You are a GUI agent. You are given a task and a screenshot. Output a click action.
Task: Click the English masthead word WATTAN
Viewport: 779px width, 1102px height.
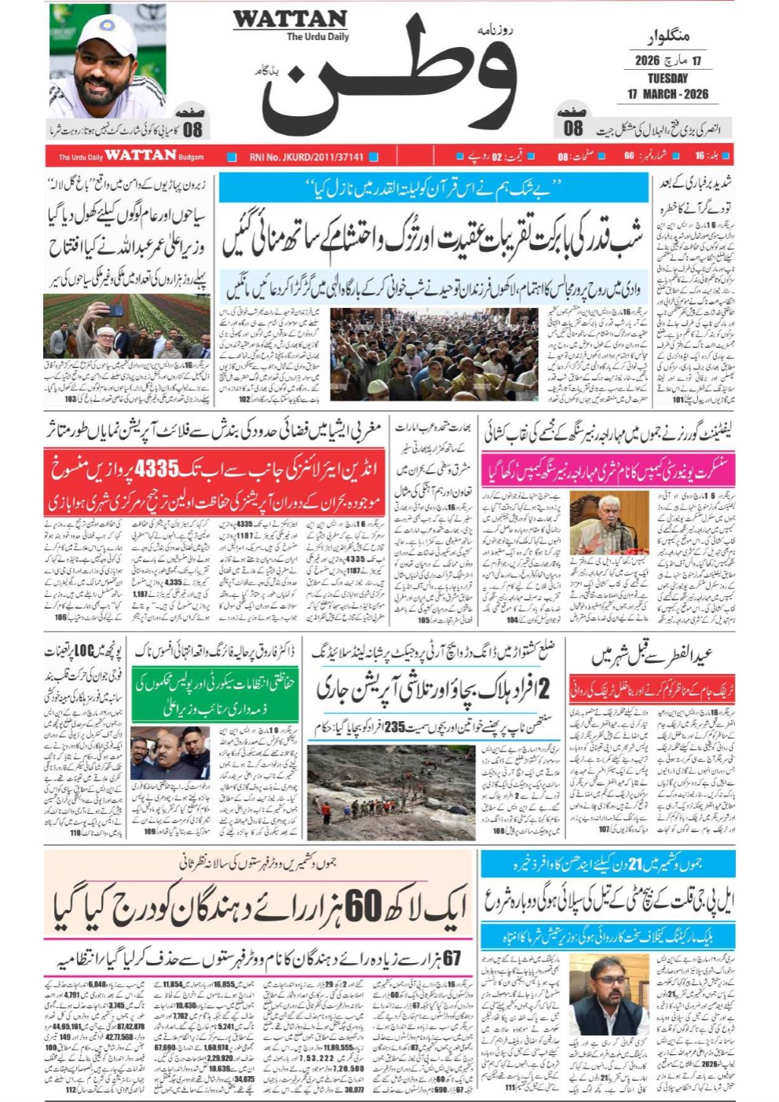coord(289,20)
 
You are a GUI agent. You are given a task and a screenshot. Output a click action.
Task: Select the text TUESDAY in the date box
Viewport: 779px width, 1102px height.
coord(667,79)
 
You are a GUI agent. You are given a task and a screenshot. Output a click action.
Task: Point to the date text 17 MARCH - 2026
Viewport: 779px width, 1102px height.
coord(667,94)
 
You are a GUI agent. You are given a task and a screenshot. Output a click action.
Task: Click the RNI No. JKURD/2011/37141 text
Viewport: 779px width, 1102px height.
coord(306,156)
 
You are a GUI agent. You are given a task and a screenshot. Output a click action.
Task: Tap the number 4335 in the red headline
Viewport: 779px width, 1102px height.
coord(157,470)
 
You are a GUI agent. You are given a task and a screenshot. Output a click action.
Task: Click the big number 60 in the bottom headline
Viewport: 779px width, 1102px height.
coord(363,906)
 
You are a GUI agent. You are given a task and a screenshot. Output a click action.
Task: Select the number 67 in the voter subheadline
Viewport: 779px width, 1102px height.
coord(451,958)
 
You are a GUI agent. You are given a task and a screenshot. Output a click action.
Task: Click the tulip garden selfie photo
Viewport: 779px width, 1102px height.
coord(126,327)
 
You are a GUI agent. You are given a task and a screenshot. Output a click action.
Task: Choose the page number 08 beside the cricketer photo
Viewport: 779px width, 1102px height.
coord(192,130)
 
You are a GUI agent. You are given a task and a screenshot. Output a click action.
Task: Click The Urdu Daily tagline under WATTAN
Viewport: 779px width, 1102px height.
coord(317,37)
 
